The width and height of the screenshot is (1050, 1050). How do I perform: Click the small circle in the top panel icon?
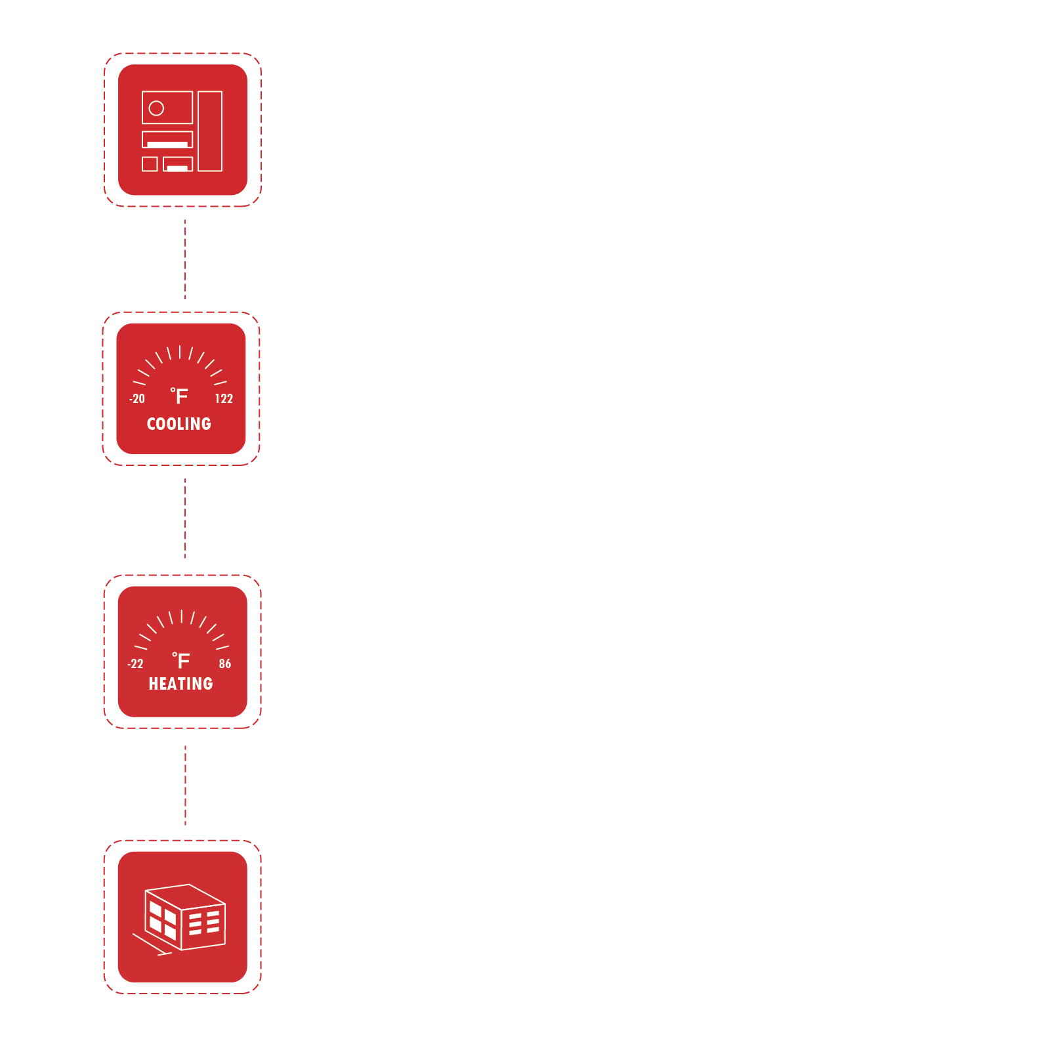point(156,108)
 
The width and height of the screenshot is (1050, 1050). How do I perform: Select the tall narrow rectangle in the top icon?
point(210,131)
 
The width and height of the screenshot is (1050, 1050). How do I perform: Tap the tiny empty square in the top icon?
point(150,164)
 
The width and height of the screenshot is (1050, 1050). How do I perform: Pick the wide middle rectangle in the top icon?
point(167,139)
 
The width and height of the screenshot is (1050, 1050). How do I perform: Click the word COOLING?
point(179,424)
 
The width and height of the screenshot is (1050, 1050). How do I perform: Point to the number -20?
point(137,398)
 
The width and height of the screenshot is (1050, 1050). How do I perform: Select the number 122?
point(224,398)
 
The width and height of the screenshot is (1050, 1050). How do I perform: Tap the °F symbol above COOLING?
point(179,396)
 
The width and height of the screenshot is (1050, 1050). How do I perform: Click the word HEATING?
point(180,684)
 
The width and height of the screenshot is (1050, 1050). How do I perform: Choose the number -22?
point(135,663)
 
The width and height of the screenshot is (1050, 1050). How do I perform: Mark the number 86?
point(225,663)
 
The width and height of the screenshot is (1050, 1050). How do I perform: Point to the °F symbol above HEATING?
point(181,660)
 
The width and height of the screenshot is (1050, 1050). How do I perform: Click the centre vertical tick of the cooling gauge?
point(180,352)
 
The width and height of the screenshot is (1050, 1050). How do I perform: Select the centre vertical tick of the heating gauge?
point(182,616)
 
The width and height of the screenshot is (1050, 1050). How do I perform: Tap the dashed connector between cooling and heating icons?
point(185,518)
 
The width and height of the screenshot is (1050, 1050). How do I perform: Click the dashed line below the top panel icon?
point(185,259)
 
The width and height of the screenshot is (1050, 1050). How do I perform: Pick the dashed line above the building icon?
point(185,785)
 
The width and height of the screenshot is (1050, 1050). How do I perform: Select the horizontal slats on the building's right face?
point(204,923)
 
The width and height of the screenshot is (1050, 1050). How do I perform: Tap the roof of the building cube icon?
point(186,896)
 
